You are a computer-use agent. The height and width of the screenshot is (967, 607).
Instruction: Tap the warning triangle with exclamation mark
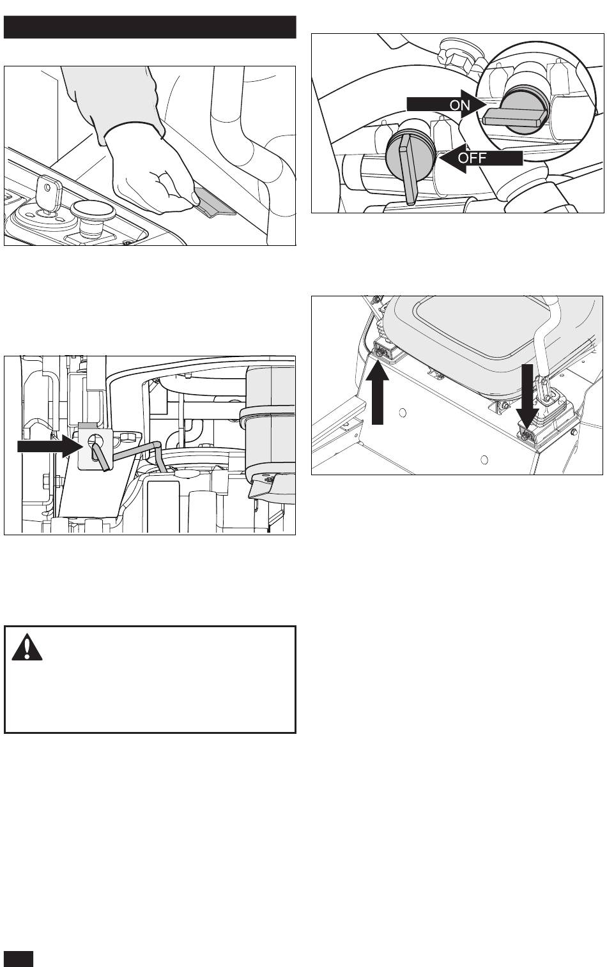27,647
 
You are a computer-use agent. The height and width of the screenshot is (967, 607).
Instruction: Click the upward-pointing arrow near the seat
378,393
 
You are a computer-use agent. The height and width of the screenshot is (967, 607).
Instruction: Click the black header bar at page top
150,27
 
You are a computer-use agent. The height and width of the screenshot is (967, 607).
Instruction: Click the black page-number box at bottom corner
18,958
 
